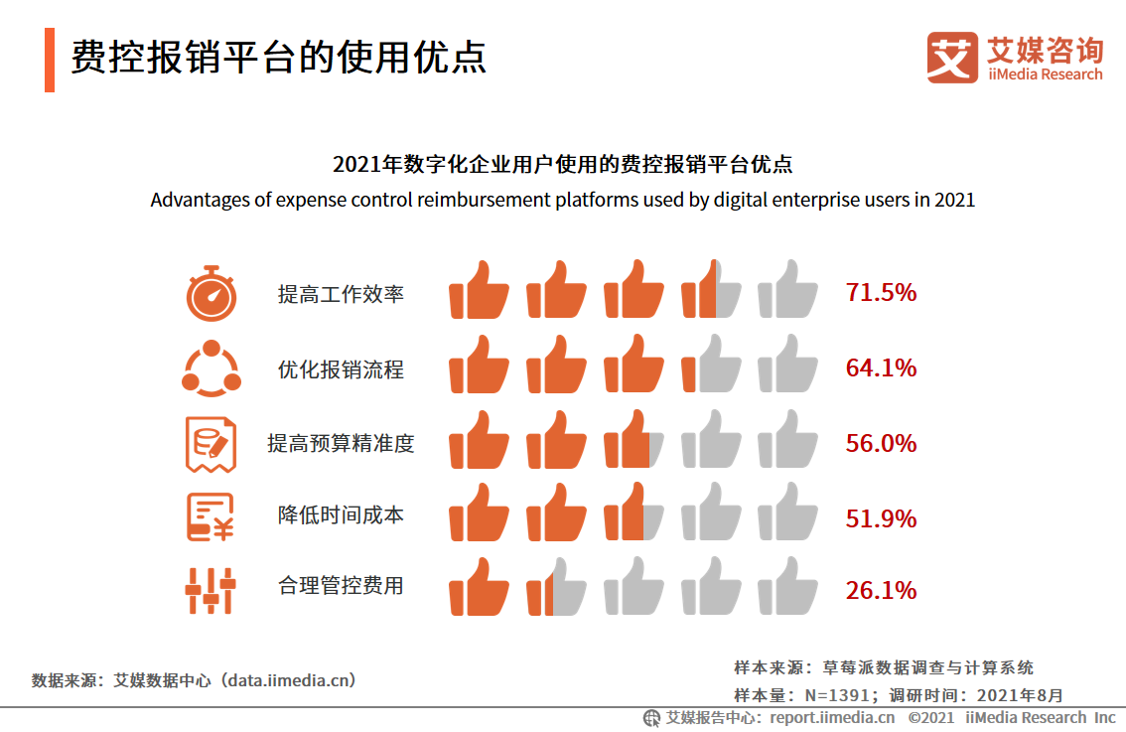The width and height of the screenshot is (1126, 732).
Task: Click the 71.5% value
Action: coord(881,293)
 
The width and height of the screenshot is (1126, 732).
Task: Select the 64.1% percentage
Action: coord(881,368)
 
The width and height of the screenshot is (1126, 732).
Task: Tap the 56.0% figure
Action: coord(881,444)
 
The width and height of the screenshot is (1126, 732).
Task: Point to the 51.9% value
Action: coord(881,519)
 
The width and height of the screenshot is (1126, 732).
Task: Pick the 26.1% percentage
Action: coord(881,591)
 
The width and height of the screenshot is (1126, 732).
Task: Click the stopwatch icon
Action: coord(211,293)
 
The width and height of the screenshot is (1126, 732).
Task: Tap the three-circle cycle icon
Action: coord(211,368)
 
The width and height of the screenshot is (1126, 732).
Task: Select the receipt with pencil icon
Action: coord(211,444)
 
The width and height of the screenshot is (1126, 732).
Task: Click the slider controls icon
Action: coord(211,591)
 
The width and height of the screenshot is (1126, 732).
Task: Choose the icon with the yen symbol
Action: coord(211,517)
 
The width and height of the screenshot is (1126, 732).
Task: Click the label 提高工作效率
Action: coord(341,294)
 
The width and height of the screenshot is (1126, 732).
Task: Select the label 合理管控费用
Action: coord(341,586)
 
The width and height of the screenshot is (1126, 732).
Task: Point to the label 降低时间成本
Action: coord(341,515)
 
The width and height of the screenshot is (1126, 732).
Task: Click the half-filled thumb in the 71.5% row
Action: coord(711,291)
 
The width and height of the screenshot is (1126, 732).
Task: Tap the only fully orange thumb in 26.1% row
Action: coord(479,587)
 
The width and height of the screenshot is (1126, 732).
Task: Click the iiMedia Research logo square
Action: coord(952,58)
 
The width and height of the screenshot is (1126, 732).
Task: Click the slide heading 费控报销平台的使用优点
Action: coord(278,58)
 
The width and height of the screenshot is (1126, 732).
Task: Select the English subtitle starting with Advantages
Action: coord(562,200)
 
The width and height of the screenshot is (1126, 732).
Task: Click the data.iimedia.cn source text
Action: coord(288,680)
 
